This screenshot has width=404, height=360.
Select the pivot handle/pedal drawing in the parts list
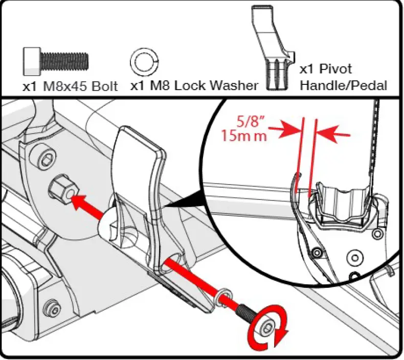pyautogui.click(x=271, y=49)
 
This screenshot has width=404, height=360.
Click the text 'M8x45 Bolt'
pyautogui.click(x=80, y=85)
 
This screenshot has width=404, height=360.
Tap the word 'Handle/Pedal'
pyautogui.click(x=343, y=85)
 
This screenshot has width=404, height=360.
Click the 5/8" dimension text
pyautogui.click(x=247, y=123)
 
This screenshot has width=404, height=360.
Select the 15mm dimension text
pyautogui.click(x=244, y=137)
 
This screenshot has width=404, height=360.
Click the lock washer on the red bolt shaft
pyautogui.click(x=223, y=295)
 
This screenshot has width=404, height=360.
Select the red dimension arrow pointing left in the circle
pyautogui.click(x=334, y=136)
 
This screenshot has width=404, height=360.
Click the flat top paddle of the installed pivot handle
pyautogui.click(x=138, y=148)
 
